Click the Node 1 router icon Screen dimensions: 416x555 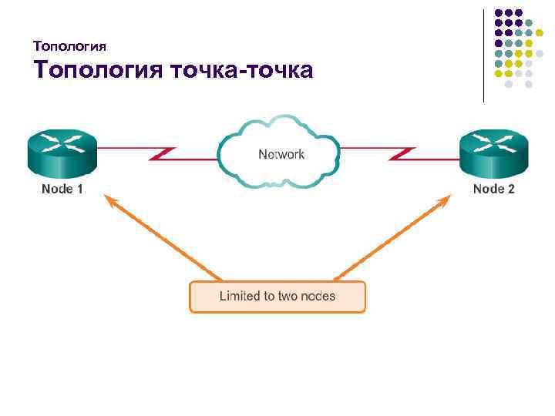62,153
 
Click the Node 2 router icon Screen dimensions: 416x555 493,153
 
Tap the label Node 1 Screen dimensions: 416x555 62,189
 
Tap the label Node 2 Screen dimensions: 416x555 493,189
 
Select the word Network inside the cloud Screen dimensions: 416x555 281,154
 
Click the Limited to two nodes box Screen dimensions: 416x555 277,297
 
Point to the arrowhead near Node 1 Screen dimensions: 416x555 110,200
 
